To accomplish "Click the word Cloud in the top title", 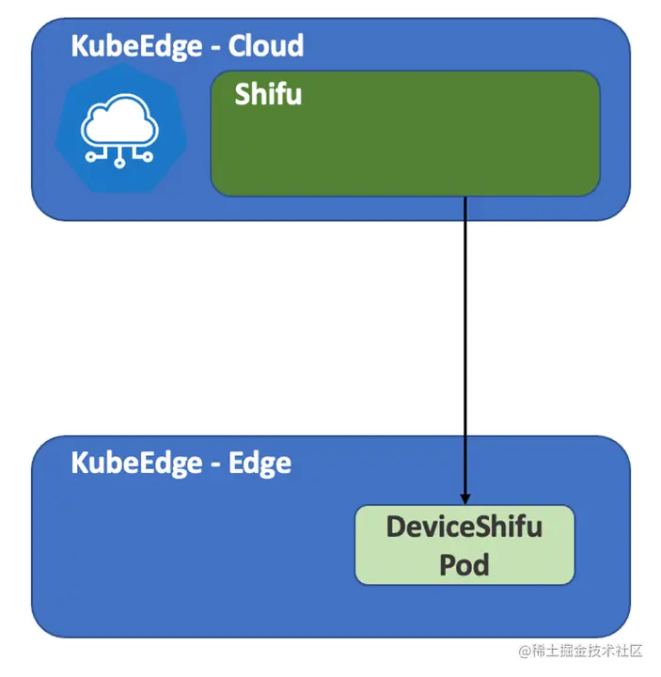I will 266,45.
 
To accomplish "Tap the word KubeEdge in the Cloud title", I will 135,45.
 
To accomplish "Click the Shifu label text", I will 268,94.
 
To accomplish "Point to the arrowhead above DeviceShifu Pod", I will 465,498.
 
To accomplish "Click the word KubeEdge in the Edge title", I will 136,463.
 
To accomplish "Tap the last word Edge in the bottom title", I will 260,463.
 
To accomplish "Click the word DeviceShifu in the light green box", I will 464,527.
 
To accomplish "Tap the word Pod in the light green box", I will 464,565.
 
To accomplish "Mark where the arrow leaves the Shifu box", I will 465,197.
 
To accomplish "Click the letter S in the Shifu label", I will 242,94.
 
